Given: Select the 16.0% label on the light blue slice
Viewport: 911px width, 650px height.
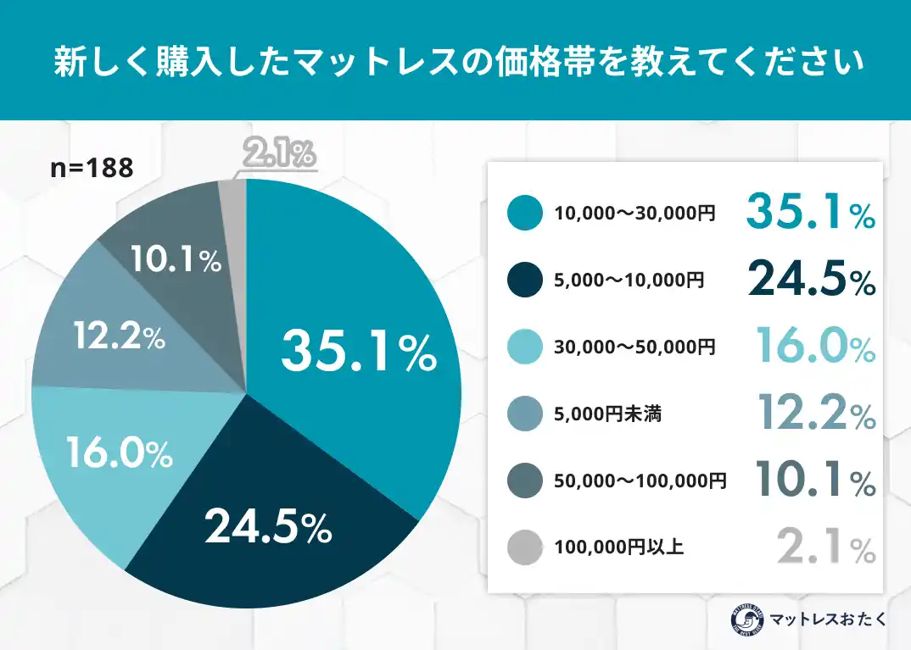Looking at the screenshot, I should point(120,454).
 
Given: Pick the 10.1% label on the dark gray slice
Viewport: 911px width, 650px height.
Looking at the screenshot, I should point(176,260).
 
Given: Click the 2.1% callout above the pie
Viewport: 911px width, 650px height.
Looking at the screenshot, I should point(279,154).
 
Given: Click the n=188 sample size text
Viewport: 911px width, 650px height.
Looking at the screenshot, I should point(92,168).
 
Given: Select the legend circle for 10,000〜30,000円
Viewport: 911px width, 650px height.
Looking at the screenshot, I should point(524,213).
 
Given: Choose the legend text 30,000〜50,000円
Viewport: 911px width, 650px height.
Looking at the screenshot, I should point(634,347).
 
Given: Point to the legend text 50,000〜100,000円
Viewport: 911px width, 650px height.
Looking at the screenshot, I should point(640,481).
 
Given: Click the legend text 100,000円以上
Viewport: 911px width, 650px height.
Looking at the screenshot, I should point(618,547).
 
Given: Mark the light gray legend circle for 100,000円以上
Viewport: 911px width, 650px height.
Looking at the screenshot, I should point(524,547).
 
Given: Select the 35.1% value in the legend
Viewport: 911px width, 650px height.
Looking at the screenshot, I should point(810,212).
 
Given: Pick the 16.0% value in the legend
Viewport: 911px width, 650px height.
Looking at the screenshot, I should point(815,347).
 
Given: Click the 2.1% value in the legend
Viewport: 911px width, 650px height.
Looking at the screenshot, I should point(826,547).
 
